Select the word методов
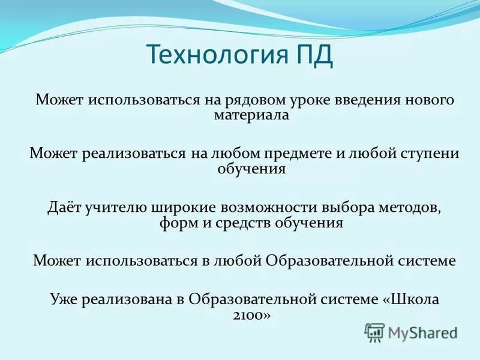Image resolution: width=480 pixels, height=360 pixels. click(x=412, y=208)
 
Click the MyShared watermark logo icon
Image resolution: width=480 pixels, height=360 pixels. click(x=374, y=331)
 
